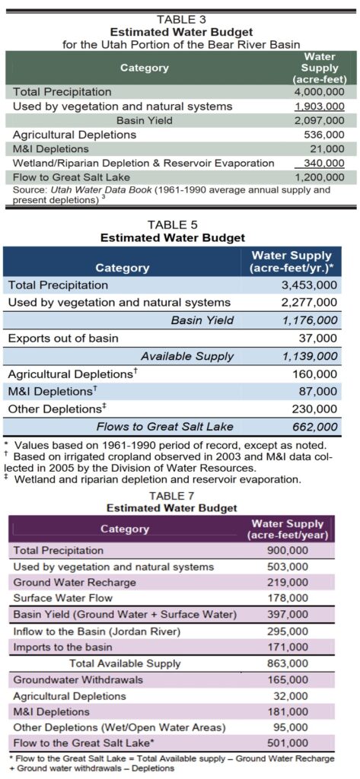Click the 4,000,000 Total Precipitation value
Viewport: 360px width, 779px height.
pos(319,92)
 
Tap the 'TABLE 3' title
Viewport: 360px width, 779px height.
pos(181,19)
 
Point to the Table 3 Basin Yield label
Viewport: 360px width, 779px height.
pos(145,120)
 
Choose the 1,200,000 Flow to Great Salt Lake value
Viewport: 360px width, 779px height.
pos(319,177)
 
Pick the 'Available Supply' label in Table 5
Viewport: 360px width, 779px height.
pos(187,356)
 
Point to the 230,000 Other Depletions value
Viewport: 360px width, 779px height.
pos(315,409)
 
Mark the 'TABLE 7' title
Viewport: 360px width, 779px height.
pos(172,496)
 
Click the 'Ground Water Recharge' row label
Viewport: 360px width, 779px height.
pos(75,582)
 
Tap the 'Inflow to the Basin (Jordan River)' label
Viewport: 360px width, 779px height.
pos(97,631)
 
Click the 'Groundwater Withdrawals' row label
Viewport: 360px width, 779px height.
pos(78,679)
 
